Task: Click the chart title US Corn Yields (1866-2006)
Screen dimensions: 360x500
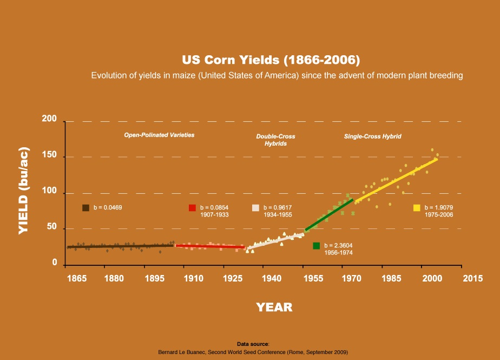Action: click(x=271, y=59)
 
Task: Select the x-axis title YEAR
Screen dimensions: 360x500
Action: click(x=274, y=307)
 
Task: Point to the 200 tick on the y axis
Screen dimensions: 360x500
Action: click(x=50, y=120)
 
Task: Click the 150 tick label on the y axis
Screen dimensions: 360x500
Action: click(x=50, y=157)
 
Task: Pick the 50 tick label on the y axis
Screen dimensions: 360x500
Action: click(x=52, y=228)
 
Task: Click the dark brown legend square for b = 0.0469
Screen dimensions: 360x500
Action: click(x=85, y=208)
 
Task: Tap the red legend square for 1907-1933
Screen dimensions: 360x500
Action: click(x=192, y=208)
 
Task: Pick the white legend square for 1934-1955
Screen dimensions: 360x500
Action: click(x=256, y=208)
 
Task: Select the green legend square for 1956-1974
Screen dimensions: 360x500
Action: click(x=317, y=246)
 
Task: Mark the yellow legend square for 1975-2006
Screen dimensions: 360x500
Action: click(x=417, y=208)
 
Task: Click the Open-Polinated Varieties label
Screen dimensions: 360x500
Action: click(x=159, y=135)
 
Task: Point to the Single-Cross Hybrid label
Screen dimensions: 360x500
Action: click(x=372, y=136)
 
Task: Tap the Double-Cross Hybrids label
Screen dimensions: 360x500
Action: click(x=275, y=140)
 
